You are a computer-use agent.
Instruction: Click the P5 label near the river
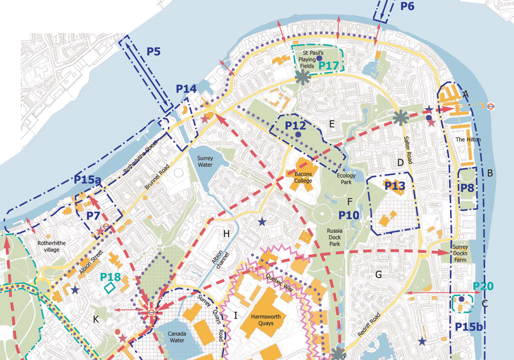(153, 52)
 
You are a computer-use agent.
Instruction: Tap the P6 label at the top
(407, 6)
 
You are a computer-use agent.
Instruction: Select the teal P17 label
(328, 65)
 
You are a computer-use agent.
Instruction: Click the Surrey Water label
(205, 161)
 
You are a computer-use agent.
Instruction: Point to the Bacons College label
(303, 178)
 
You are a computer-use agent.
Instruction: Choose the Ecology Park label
(346, 179)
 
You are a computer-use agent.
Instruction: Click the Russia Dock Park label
(334, 237)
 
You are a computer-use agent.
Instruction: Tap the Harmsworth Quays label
(266, 320)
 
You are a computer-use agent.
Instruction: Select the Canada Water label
(177, 337)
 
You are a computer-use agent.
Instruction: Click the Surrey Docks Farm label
(460, 253)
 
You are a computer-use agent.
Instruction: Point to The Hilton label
(468, 140)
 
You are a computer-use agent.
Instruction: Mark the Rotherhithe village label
(51, 246)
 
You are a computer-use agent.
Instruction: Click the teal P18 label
(110, 277)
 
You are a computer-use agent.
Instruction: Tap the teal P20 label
(483, 286)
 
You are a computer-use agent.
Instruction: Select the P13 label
(395, 186)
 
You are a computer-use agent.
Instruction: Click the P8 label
(467, 188)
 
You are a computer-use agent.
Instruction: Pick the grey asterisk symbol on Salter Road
(400, 118)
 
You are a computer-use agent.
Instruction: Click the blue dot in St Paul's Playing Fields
(319, 59)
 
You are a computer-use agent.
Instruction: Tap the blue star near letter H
(262, 222)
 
